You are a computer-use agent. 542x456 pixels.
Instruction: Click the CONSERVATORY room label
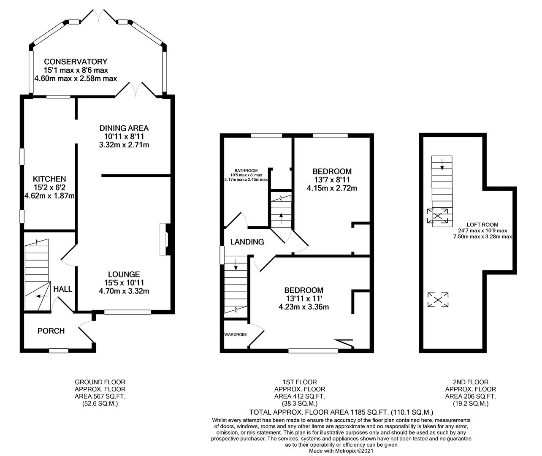pyautogui.click(x=76, y=62)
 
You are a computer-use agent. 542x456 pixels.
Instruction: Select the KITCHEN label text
pyautogui.click(x=49, y=179)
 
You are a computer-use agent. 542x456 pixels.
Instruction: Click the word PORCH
pyautogui.click(x=51, y=331)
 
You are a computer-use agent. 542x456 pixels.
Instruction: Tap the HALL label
pyautogui.click(x=63, y=289)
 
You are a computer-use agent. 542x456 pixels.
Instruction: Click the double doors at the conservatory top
pyautogui.click(x=98, y=16)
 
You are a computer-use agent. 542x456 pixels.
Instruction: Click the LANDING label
pyautogui.click(x=247, y=242)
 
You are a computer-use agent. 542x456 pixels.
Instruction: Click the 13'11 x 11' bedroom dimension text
pyautogui.click(x=304, y=299)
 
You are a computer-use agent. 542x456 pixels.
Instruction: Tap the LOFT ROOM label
pyautogui.click(x=482, y=225)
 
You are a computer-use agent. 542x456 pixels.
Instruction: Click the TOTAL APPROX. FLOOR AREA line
pyautogui.click(x=341, y=412)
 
